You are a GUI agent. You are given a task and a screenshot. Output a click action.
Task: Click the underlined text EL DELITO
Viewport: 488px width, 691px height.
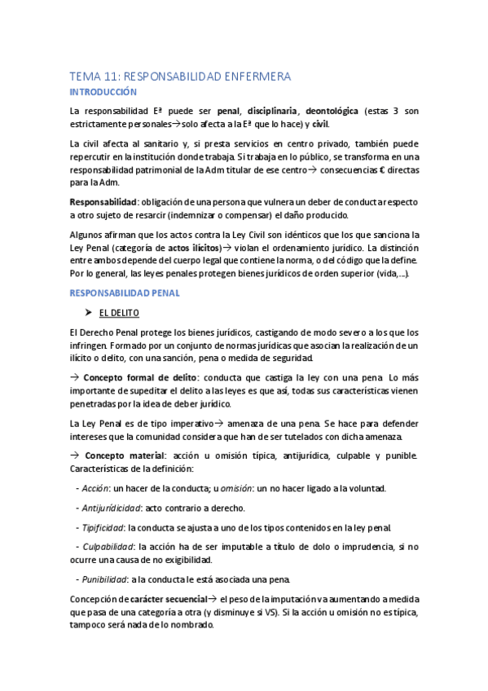click(119, 312)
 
